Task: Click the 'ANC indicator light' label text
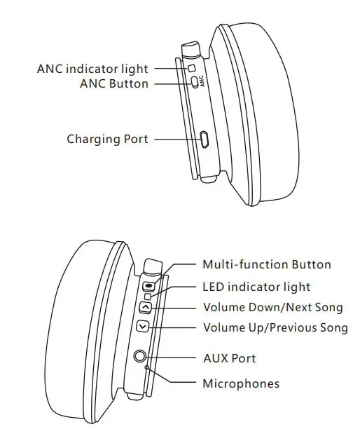[x=92, y=69]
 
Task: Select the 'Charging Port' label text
[x=107, y=139]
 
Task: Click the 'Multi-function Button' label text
[x=266, y=264]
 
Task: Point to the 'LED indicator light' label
[x=256, y=287]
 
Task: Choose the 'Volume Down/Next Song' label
[x=273, y=307]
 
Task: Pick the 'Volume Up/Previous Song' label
[x=275, y=327]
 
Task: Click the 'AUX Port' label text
[x=229, y=358]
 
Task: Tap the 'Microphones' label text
[x=241, y=383]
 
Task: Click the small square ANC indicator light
[x=191, y=69]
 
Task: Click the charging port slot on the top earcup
[x=204, y=139]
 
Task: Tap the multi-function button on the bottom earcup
[x=148, y=286]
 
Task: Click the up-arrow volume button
[x=145, y=307]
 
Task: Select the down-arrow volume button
[x=142, y=326]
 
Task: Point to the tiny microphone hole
[x=146, y=367]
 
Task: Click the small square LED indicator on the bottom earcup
[x=148, y=297]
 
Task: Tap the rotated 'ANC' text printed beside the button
[x=202, y=82]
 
